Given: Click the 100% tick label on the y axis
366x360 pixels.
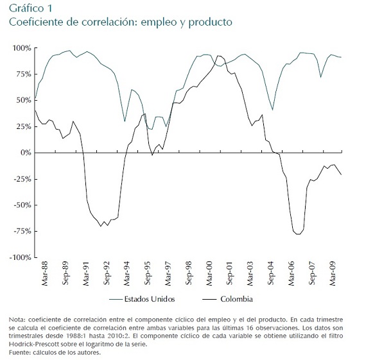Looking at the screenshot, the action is click(22, 48).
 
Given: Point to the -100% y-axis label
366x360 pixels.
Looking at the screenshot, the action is click(21, 257).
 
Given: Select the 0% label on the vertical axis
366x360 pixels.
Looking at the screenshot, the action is click(26, 153).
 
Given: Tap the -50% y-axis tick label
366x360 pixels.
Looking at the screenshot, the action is click(22, 205).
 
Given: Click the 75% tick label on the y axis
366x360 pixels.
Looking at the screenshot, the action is click(24, 74).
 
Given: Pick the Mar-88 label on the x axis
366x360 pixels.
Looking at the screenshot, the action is click(44, 273).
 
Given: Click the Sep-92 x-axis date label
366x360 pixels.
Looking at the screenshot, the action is click(107, 273).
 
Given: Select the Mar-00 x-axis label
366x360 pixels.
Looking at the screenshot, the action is click(209, 273).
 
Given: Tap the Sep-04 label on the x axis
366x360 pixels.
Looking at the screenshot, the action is click(271, 273).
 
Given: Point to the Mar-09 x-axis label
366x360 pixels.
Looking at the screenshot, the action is click(333, 273).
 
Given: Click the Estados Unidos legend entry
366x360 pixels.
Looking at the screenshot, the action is click(142, 299).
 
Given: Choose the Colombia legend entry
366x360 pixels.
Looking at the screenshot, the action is click(227, 299).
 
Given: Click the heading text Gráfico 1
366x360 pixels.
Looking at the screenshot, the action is click(31, 8).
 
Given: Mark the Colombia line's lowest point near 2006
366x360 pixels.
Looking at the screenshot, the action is click(298, 234).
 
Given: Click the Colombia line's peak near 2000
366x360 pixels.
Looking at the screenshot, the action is click(218, 56).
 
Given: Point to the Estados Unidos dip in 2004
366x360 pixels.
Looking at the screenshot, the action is click(272, 110).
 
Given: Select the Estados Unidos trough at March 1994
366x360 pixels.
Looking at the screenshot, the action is click(125, 121).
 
